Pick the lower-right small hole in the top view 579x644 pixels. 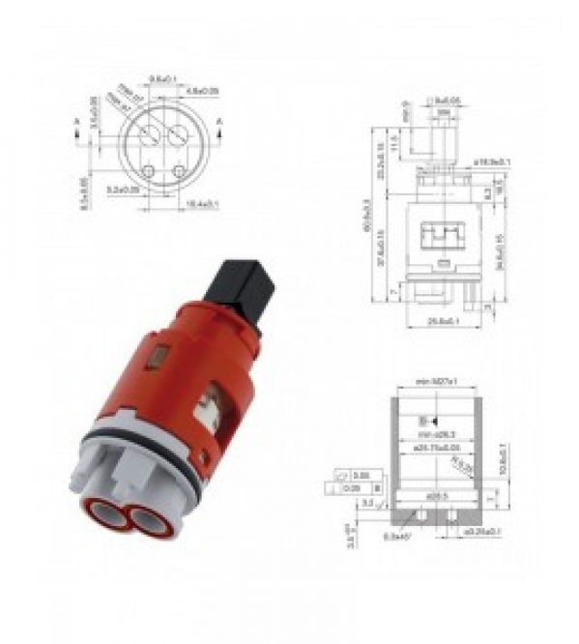tap(178, 171)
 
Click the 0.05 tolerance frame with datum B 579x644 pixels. tap(351, 488)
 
